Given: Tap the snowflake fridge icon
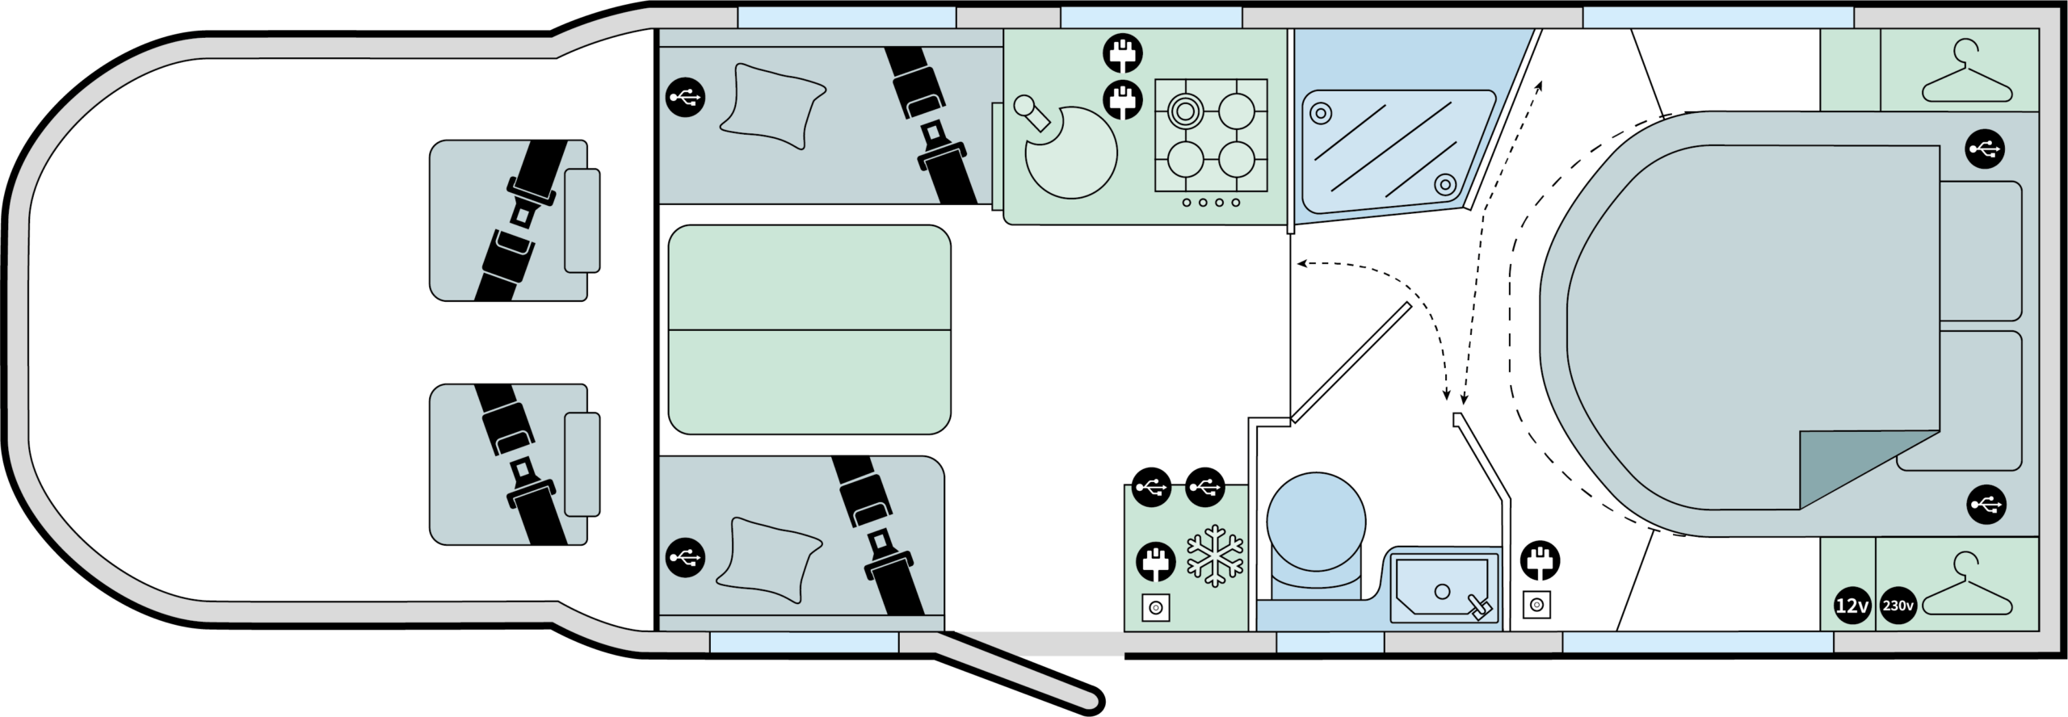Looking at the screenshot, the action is [1215, 556].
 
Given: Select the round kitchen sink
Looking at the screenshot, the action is [1071, 152].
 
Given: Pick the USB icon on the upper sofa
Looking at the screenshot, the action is [685, 98].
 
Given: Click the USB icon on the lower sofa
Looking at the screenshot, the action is [685, 557].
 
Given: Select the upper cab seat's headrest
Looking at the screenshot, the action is [582, 220].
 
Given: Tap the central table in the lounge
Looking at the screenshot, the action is [809, 329].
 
